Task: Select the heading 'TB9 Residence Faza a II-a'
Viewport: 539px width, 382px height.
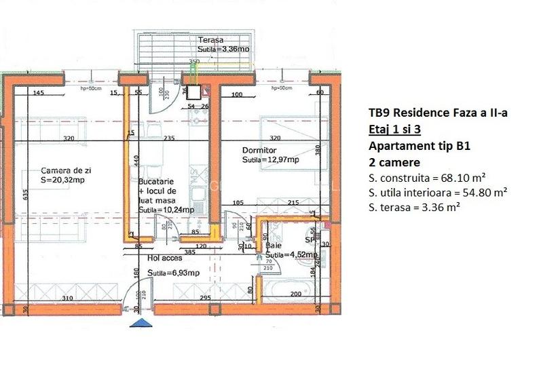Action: [x=438, y=113]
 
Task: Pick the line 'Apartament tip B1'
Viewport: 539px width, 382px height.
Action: [x=420, y=146]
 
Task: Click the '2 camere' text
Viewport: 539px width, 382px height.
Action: [x=394, y=163]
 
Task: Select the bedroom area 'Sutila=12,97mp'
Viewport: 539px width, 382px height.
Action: [x=271, y=160]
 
